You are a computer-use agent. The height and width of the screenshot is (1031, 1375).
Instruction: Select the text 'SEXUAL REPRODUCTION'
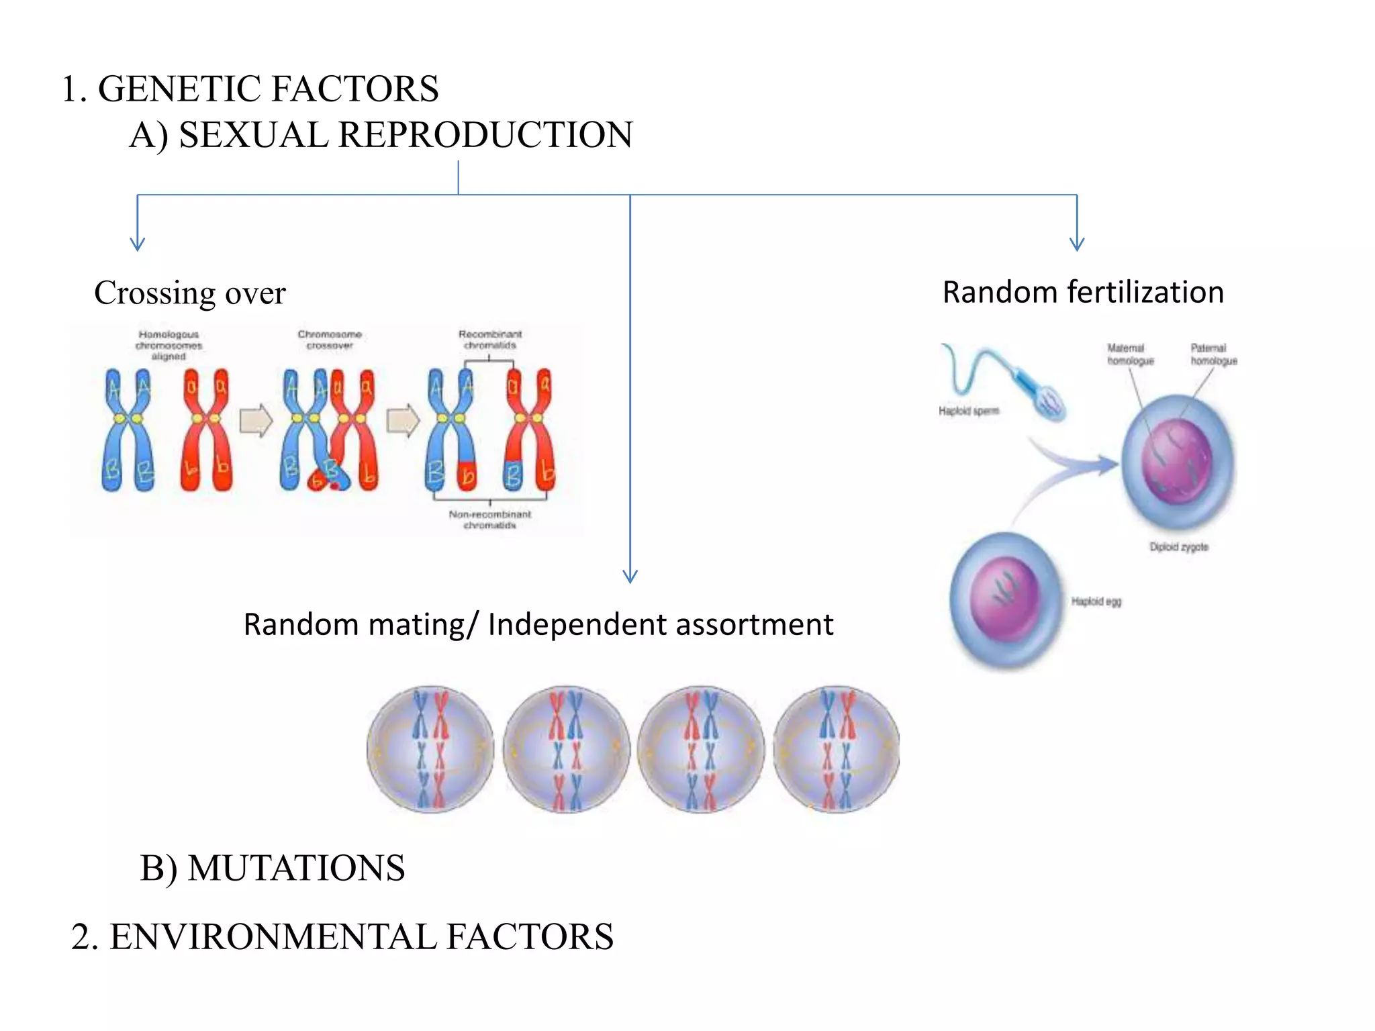[406, 135]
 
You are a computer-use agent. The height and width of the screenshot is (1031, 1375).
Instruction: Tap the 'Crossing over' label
[190, 293]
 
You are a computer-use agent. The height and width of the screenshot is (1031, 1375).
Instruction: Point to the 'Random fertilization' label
[1082, 293]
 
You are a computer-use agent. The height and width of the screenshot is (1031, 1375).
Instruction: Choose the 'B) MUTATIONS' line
[272, 868]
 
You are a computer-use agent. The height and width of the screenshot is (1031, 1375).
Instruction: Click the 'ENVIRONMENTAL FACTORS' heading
[361, 937]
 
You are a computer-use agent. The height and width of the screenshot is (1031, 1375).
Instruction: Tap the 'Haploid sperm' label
[968, 411]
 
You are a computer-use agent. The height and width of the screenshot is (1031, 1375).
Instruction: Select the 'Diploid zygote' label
[1178, 547]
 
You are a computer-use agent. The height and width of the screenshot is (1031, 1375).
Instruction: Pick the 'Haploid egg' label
[1096, 601]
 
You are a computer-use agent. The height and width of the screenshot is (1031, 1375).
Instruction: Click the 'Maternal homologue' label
[1130, 354]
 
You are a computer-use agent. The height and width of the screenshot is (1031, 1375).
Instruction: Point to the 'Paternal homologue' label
[1213, 354]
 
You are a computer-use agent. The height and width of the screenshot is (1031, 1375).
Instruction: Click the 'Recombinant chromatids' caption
[490, 340]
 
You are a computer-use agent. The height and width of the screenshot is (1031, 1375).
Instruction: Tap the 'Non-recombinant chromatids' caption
[490, 520]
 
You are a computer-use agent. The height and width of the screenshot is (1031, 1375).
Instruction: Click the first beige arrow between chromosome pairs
[256, 421]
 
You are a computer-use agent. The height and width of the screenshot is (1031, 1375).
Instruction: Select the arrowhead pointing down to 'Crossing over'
[138, 243]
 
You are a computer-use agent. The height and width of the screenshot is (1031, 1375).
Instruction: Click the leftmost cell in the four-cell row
[430, 749]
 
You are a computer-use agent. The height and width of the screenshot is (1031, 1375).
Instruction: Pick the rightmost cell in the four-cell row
[836, 749]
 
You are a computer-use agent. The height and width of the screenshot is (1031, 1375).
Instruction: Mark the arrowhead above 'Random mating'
[630, 576]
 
